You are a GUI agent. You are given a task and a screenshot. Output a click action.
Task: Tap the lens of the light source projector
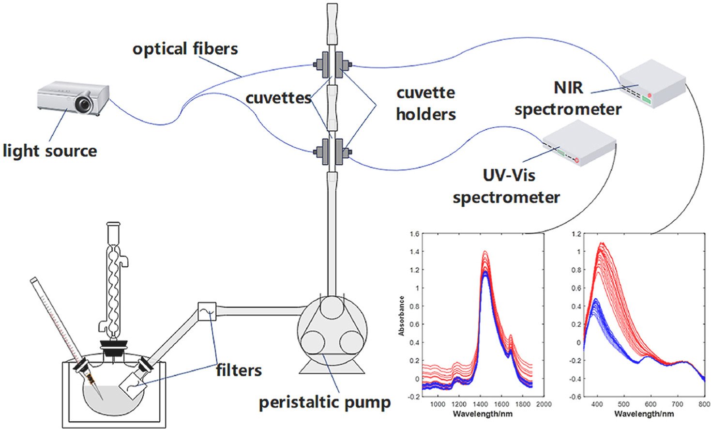(x=84, y=103)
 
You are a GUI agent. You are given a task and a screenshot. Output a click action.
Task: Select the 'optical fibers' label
(x=185, y=49)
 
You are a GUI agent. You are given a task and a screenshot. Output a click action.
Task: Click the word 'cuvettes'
(x=278, y=98)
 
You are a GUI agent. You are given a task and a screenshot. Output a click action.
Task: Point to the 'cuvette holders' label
(x=425, y=103)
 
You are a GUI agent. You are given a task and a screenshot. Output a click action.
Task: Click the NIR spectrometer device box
(x=652, y=83)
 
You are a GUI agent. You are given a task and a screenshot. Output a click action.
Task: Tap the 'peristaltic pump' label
(x=325, y=402)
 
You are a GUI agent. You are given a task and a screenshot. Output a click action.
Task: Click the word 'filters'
(x=239, y=370)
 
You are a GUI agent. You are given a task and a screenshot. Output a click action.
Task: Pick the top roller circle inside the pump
(x=332, y=307)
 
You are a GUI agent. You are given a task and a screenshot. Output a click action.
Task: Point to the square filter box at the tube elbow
(x=207, y=311)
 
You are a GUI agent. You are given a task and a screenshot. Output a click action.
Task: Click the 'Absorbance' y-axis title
(x=401, y=316)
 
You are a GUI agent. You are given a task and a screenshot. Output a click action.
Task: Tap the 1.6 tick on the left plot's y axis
(x=414, y=234)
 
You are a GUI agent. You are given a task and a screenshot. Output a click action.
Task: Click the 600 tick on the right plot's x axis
(x=650, y=404)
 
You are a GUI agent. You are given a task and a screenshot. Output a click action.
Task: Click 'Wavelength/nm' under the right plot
(x=644, y=414)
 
